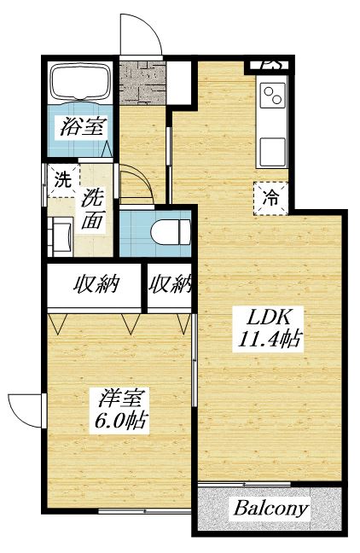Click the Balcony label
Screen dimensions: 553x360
(270, 509)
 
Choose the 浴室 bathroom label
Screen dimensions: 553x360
(83, 129)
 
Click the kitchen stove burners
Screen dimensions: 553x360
(272, 95)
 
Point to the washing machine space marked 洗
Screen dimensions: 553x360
(62, 180)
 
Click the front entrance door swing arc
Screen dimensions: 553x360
(140, 34)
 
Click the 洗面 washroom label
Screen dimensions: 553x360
(92, 208)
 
